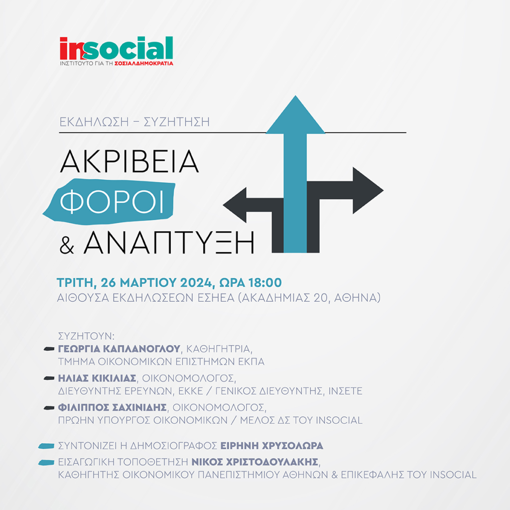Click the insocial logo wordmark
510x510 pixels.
click(116, 48)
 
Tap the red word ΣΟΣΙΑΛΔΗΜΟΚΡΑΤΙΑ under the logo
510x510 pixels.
click(144, 63)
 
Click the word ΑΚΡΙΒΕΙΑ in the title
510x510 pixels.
click(129, 162)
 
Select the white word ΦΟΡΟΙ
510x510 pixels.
click(112, 202)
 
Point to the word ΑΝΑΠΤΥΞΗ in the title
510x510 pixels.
click(169, 243)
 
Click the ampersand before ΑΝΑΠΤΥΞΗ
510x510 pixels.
click(67, 246)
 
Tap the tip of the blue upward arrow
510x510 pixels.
click(295, 96)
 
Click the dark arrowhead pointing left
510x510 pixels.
click(235, 205)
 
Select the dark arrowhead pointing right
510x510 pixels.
click(368, 191)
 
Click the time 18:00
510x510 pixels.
click(265, 283)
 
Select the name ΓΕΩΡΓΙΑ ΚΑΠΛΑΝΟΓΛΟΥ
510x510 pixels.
click(119, 349)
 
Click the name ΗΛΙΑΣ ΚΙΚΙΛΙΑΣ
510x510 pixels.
click(97, 379)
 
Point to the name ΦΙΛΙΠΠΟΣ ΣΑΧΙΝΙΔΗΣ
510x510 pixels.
click(112, 407)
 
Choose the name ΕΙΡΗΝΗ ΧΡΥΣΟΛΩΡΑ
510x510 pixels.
click(271, 446)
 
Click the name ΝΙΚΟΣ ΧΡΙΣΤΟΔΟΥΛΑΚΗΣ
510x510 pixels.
click(255, 462)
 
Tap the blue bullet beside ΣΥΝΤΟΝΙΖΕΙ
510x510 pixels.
click(46, 446)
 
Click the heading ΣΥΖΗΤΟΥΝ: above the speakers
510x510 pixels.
click(86, 336)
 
